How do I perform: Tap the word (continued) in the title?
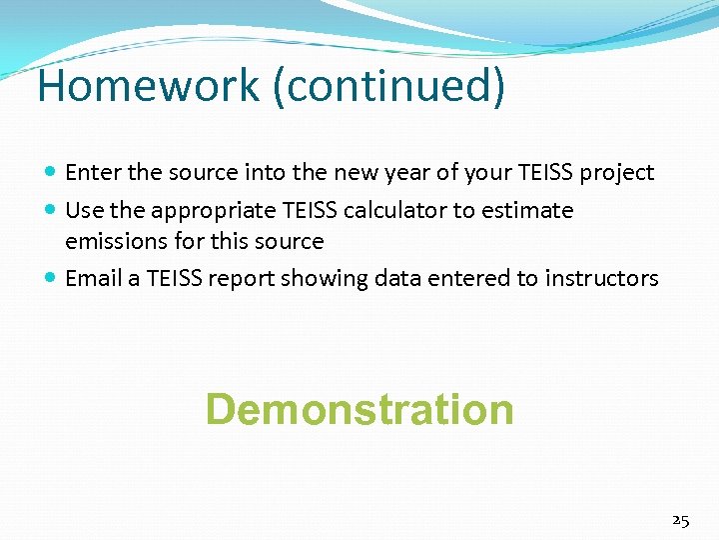(388, 87)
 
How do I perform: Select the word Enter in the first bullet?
(94, 173)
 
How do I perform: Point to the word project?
(617, 173)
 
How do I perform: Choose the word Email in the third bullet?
(94, 279)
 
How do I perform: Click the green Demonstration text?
(359, 410)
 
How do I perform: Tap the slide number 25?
(680, 520)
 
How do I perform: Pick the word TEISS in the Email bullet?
(177, 279)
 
